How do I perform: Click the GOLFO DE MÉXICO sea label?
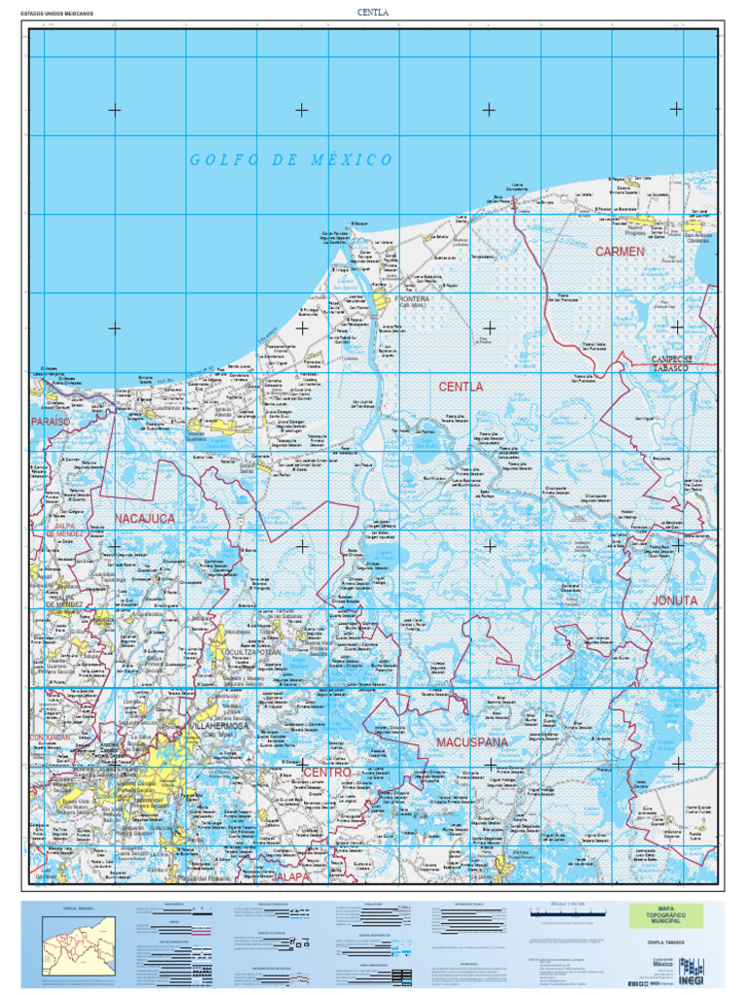pos(291,160)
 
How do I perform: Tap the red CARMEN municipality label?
pos(620,252)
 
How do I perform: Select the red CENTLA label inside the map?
pos(460,387)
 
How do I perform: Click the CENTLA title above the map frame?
pos(373,12)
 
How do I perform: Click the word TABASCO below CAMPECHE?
pos(669,369)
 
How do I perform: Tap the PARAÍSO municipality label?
pos(51,422)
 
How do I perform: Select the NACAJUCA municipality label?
pos(146,519)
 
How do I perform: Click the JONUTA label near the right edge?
pos(674,600)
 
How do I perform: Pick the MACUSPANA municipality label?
pos(472,742)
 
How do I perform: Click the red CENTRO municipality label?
pos(326,772)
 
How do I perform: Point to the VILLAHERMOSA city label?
pos(218,725)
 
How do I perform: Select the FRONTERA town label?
pos(412,299)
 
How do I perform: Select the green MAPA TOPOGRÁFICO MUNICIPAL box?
pos(665,915)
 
